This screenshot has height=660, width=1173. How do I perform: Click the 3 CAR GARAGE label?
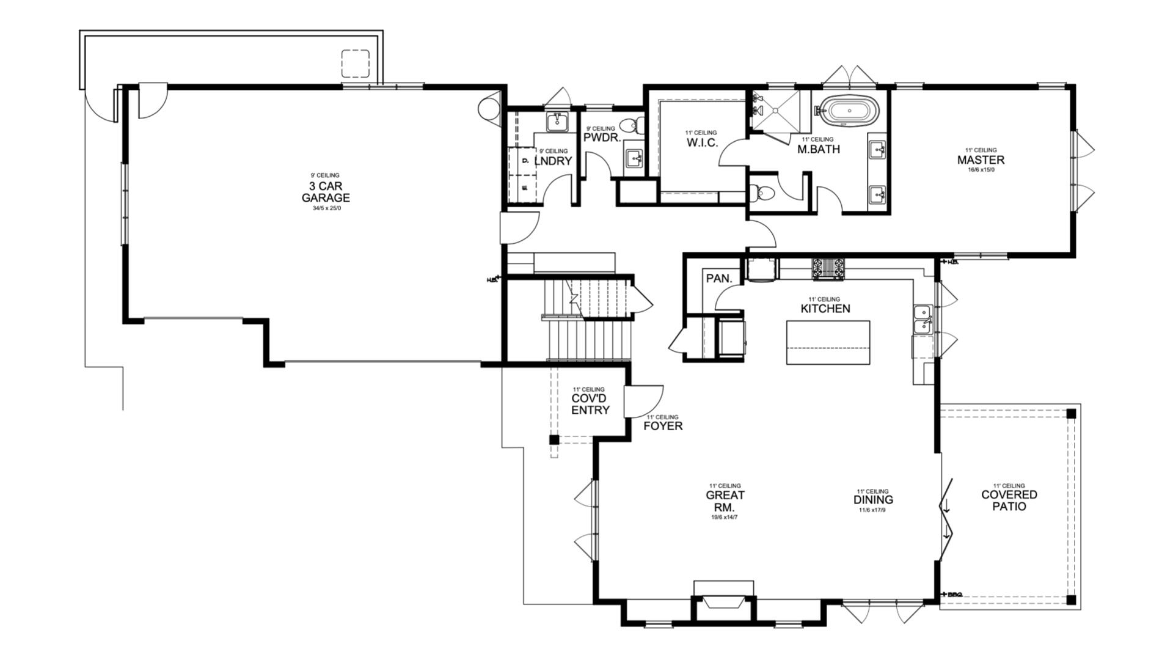(x=326, y=192)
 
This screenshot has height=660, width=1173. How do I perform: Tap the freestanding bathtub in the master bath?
(x=848, y=111)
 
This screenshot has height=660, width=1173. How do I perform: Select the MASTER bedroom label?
(x=981, y=160)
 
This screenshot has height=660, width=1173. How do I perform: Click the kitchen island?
(x=828, y=342)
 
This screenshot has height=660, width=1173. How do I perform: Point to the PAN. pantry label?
(x=718, y=279)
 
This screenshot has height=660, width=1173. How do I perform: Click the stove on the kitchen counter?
(x=828, y=268)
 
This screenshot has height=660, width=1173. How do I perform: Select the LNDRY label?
(x=553, y=161)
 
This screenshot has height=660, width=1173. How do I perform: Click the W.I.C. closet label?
(x=702, y=143)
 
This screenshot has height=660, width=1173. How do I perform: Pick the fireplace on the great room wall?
(x=723, y=601)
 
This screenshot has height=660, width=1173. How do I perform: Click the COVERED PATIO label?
(x=1009, y=501)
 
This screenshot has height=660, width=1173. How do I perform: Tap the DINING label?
(x=872, y=500)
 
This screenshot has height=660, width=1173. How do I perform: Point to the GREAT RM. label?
(x=725, y=501)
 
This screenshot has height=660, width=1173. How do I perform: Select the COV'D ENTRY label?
(x=590, y=404)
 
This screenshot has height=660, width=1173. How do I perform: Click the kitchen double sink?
(x=923, y=319)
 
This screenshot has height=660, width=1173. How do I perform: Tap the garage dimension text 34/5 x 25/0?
(x=327, y=208)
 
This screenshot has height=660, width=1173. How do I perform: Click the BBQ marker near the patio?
(x=952, y=594)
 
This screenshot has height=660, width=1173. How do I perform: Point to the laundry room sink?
(x=557, y=122)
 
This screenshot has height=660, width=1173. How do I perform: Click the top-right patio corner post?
(x=1071, y=414)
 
